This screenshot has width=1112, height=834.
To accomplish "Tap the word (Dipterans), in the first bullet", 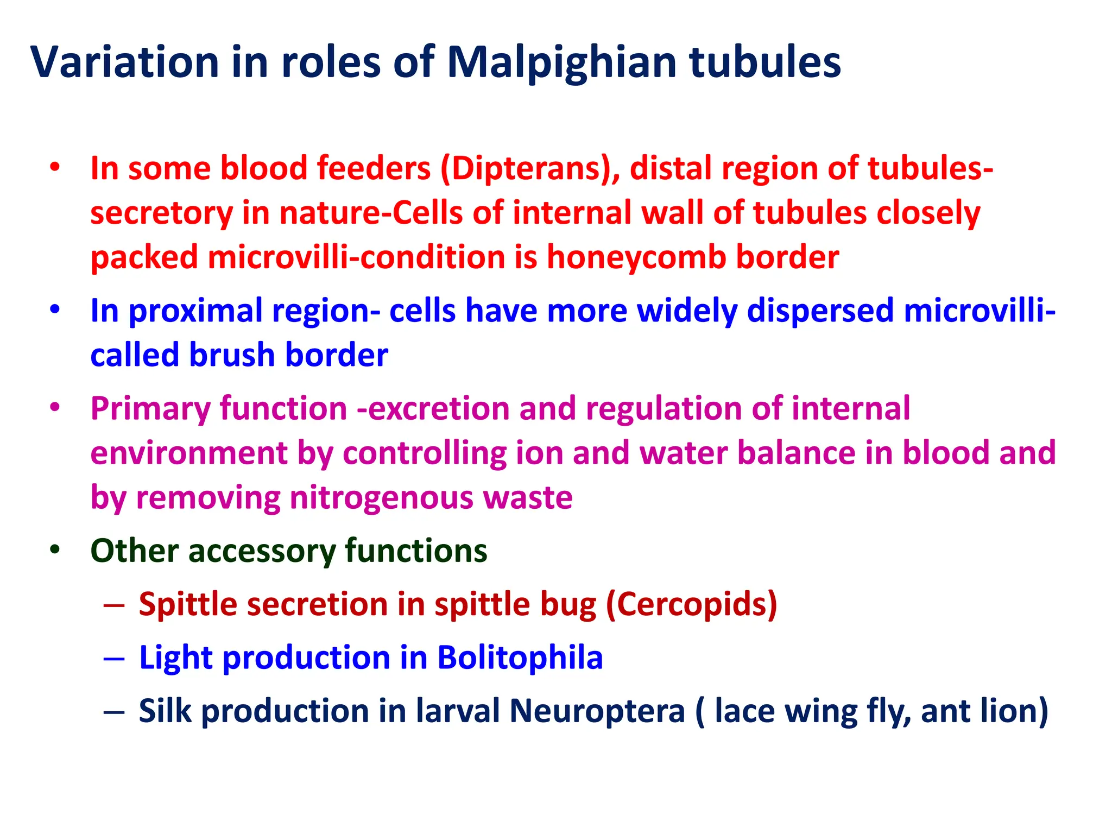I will click(x=530, y=168).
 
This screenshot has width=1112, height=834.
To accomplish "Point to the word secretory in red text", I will click(x=161, y=213).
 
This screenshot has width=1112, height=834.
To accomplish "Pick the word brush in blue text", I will click(x=232, y=355).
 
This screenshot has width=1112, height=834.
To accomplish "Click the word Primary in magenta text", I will click(x=150, y=409).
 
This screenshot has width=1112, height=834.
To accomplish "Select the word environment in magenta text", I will click(x=188, y=453).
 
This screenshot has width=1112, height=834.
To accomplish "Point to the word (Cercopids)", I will click(x=691, y=604).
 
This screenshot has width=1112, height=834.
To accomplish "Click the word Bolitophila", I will click(x=520, y=658).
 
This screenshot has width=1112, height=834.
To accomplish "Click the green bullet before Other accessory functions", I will click(x=54, y=549).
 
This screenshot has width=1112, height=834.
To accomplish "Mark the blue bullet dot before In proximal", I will click(x=54, y=310).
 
